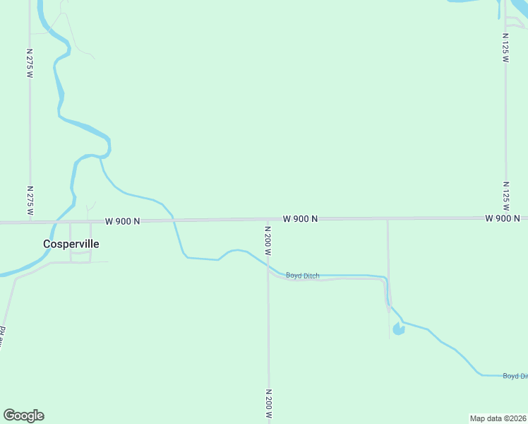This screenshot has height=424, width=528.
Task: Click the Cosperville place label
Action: click(71, 244)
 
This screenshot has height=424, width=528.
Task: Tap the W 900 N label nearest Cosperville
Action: click(123, 221)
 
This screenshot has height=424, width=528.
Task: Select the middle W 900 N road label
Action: click(300, 219)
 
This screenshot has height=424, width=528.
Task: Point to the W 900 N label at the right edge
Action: click(503, 218)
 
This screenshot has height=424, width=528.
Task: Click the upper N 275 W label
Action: click(30, 63)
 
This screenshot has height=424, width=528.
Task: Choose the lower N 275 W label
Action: click(30, 201)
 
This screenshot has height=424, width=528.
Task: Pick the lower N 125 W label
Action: click(505, 197)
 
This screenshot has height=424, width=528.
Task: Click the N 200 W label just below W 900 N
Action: click(268, 241)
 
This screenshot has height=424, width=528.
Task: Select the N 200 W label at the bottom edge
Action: click(268, 404)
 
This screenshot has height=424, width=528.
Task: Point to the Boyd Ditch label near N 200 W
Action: click(302, 276)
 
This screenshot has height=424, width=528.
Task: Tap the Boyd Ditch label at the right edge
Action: click(515, 376)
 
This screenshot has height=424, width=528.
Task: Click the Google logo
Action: click(23, 416)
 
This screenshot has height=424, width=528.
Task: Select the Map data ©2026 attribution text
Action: click(498, 418)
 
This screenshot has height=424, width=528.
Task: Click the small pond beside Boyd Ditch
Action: click(399, 329)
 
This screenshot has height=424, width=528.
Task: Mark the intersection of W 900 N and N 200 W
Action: click(268, 220)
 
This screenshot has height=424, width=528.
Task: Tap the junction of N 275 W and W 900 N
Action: click(30, 222)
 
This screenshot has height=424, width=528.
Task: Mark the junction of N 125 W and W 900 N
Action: click(505, 218)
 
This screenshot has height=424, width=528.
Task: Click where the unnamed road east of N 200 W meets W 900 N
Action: click(387, 219)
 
